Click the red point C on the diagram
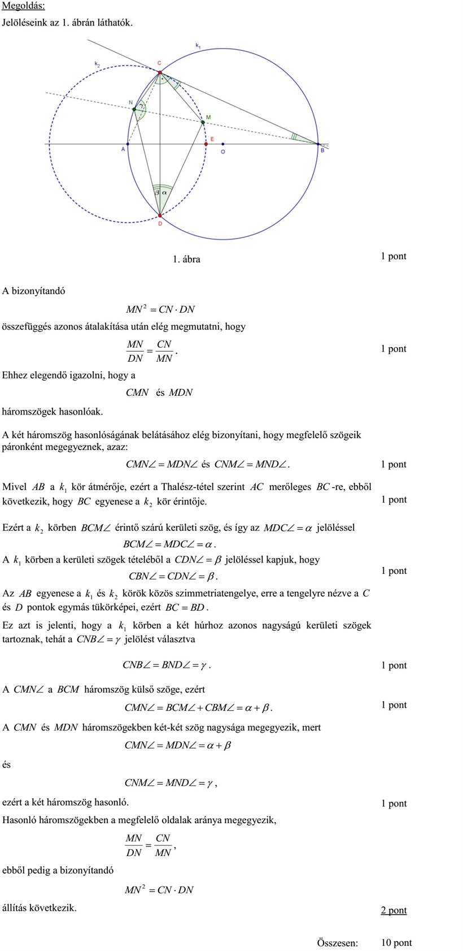[160, 72]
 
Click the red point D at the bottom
[160, 215]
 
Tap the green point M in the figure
[203, 122]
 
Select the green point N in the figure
[134, 109]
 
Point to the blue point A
[128, 144]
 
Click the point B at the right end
[317, 144]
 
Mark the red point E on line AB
[206, 144]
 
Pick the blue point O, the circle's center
[223, 144]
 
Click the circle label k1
[198, 45]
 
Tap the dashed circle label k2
[97, 64]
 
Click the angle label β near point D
[157, 193]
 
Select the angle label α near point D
[164, 192]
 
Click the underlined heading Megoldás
[24, 6]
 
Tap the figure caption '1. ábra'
[186, 260]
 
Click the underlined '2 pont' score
[394, 910]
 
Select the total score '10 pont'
[396, 943]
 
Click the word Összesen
[337, 943]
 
